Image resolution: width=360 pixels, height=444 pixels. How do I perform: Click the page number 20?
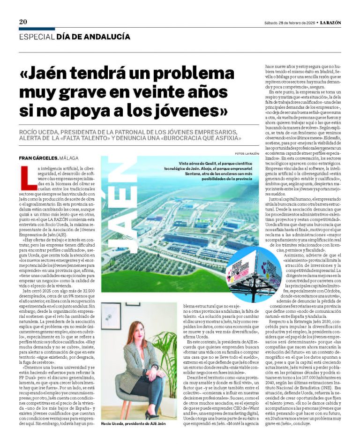(23, 22)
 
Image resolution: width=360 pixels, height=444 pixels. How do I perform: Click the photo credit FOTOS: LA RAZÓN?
(247, 154)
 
